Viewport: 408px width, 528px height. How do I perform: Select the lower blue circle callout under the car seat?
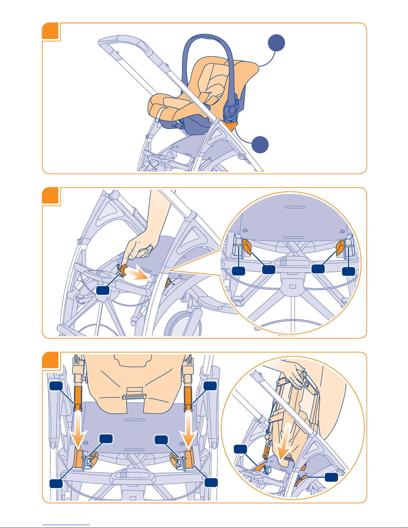click(x=260, y=145)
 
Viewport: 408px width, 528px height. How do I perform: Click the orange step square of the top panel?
click(x=51, y=31)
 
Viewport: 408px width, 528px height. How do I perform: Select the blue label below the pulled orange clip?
click(x=103, y=290)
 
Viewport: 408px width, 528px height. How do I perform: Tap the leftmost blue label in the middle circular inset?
click(x=238, y=270)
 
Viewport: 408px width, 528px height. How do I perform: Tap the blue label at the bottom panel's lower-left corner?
click(x=56, y=483)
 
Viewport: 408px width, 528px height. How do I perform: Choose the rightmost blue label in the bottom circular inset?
click(x=332, y=477)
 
